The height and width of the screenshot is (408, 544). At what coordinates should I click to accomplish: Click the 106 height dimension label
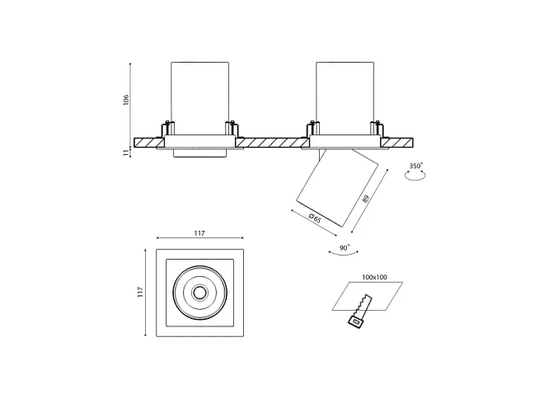point(126,100)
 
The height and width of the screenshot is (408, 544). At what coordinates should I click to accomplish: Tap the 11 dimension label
point(126,152)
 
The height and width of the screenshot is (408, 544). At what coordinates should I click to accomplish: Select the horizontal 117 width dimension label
point(199,233)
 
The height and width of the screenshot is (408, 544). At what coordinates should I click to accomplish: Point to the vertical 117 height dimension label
point(140,292)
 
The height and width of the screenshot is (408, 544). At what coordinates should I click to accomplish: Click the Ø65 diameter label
point(315,218)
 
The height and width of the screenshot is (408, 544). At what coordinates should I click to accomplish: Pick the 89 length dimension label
point(365,199)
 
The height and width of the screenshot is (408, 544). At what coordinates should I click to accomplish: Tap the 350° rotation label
point(416,166)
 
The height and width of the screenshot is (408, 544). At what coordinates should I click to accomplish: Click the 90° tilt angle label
point(345,248)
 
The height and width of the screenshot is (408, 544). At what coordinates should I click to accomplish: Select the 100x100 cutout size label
point(374,277)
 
